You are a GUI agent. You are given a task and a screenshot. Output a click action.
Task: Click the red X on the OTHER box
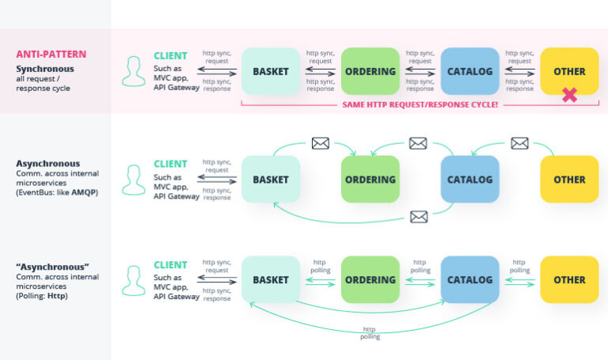pos(568,95)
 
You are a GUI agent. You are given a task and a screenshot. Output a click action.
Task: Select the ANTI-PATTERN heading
pos(51,55)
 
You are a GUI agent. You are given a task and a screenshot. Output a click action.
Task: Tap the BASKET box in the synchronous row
pos(271,71)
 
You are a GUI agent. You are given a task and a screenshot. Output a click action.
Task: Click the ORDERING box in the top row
pos(370,71)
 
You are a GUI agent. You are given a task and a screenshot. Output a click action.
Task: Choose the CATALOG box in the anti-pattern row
pos(469,71)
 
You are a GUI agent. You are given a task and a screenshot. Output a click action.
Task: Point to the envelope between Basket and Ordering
pos(320,143)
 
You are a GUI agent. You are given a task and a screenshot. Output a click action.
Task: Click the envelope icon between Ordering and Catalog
pos(418,143)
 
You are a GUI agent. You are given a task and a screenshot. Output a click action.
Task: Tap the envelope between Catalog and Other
pos(519,143)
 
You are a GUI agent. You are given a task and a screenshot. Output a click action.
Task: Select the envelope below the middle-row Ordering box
pos(419,217)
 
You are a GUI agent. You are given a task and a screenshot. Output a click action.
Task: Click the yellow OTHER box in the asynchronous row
pos(569,180)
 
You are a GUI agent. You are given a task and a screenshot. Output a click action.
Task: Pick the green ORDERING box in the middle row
pos(370,180)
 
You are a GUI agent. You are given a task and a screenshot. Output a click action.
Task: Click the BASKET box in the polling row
pos(271,279)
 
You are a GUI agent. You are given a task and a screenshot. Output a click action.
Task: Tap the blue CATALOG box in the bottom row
pos(469,279)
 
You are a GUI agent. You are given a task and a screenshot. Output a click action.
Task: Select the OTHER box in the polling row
pos(569,279)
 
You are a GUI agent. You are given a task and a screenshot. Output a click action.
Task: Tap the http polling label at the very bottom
pos(369,332)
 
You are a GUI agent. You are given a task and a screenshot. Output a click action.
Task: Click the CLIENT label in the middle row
pos(170,164)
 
